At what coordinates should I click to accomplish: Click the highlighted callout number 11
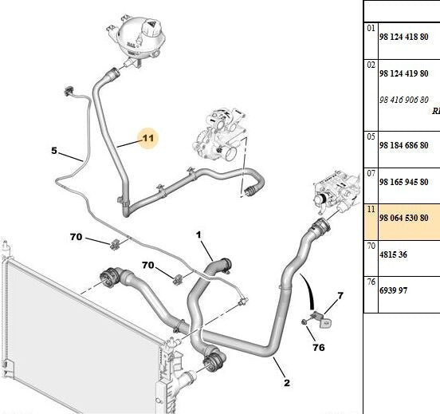click(x=148, y=138)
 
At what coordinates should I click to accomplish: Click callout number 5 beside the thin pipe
click(x=54, y=151)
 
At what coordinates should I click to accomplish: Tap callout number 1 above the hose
click(x=198, y=235)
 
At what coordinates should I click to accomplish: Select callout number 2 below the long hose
click(x=286, y=383)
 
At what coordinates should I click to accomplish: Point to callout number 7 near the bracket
click(x=340, y=295)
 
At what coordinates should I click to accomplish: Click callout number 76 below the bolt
click(x=319, y=348)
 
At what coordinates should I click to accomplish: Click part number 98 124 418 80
click(x=404, y=37)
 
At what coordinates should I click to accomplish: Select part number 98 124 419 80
click(x=404, y=73)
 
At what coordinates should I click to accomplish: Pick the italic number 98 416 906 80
click(x=404, y=100)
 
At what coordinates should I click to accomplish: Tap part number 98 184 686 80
click(x=404, y=145)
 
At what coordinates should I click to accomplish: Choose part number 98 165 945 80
click(x=404, y=182)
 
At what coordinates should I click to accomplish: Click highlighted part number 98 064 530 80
click(x=404, y=218)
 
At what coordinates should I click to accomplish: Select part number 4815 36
click(x=393, y=254)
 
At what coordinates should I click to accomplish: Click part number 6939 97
click(x=393, y=290)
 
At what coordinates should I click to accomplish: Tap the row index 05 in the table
click(x=371, y=136)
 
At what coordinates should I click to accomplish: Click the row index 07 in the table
click(x=371, y=173)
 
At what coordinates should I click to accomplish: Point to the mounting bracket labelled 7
click(x=322, y=319)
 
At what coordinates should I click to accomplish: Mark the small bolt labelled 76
click(x=304, y=322)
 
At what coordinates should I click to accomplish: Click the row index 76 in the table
click(x=371, y=282)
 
